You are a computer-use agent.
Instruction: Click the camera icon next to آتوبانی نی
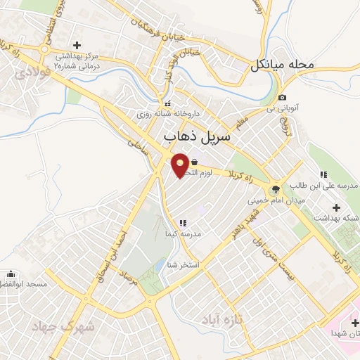(282, 98)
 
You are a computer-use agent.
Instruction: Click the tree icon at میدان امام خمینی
(275, 188)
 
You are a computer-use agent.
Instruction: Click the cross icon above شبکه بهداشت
(337, 207)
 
